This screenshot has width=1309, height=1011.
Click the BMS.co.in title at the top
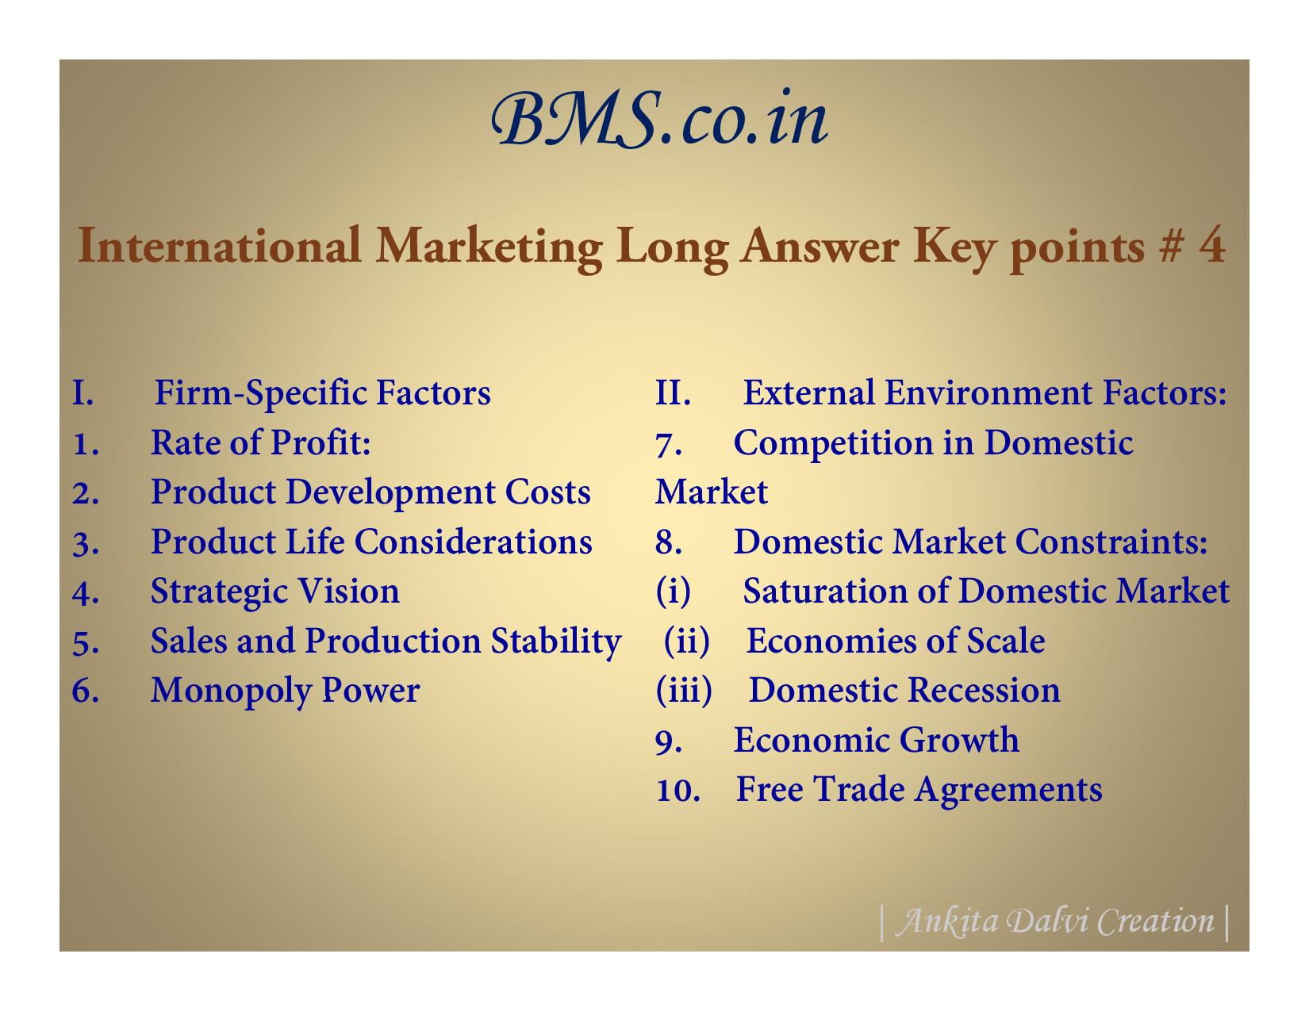click(x=659, y=119)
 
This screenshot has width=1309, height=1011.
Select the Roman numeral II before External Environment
click(x=672, y=393)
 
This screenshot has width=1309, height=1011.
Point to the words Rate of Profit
click(x=260, y=442)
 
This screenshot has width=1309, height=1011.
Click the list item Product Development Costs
click(x=370, y=492)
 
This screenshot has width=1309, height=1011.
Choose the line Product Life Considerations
click(x=371, y=542)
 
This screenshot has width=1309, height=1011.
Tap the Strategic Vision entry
click(x=274, y=592)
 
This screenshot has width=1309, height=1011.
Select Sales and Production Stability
click(x=386, y=641)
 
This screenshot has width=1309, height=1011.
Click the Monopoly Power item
click(x=285, y=691)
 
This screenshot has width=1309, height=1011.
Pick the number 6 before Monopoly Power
click(x=85, y=691)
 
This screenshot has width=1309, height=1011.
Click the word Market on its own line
click(x=711, y=492)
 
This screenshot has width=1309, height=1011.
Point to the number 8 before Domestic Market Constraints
click(x=668, y=542)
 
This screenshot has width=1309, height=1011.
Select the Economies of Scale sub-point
click(x=896, y=641)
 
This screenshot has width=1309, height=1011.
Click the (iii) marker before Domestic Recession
click(x=684, y=690)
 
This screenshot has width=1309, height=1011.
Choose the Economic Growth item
click(x=877, y=741)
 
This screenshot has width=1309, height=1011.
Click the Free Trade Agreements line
click(x=919, y=790)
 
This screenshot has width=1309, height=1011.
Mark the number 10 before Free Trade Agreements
click(x=678, y=790)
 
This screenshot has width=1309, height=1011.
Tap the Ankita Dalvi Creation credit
click(x=1055, y=921)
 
